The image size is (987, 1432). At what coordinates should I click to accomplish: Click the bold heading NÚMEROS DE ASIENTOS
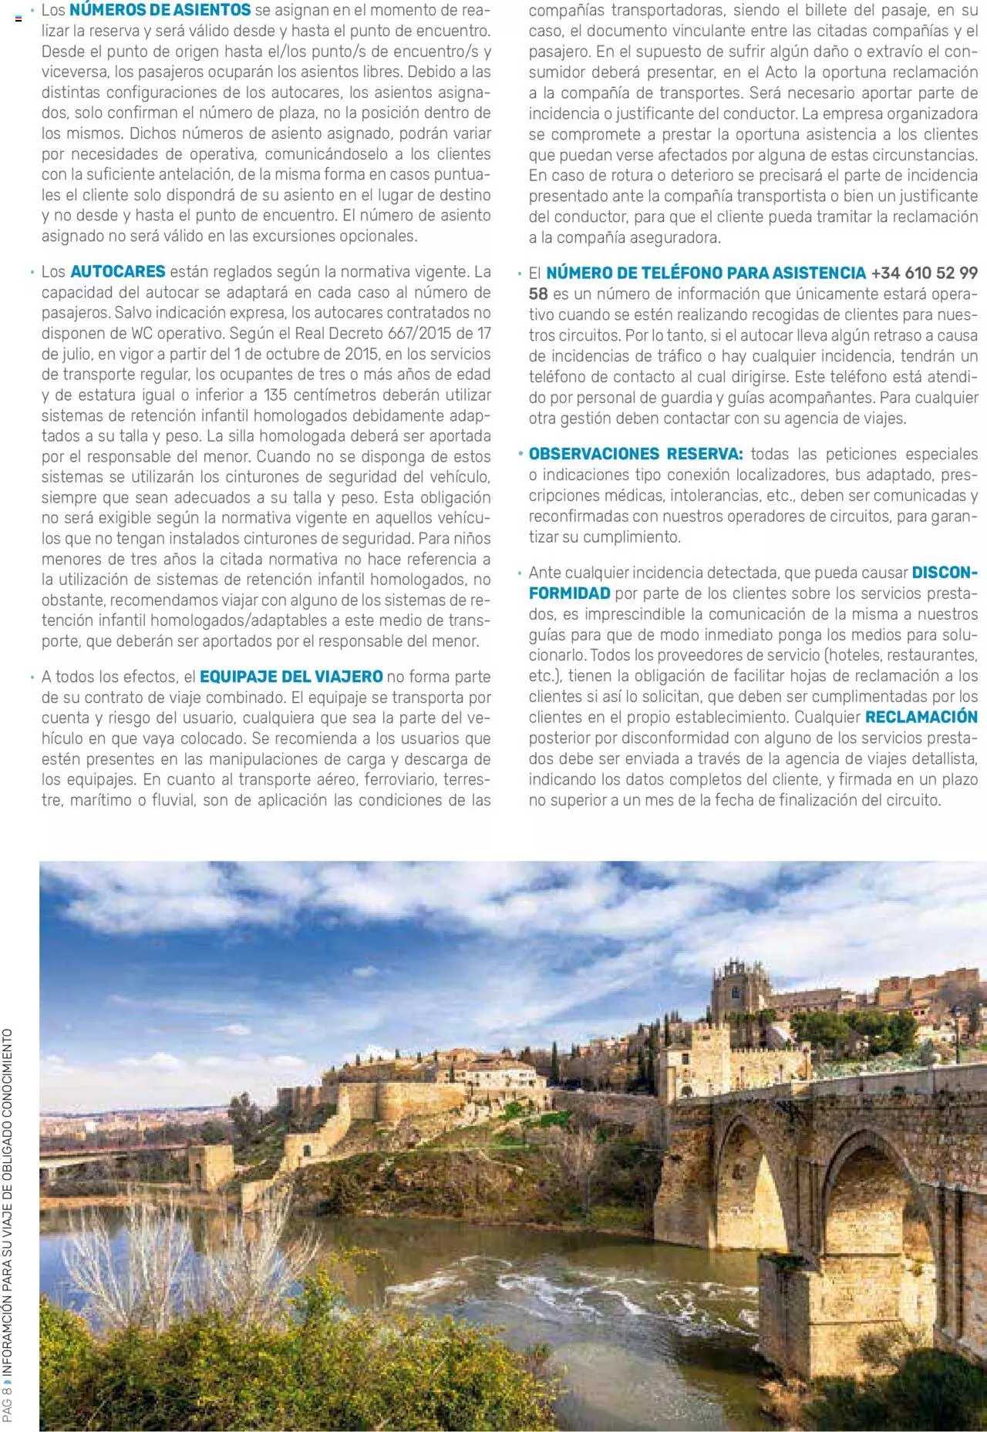click(x=160, y=10)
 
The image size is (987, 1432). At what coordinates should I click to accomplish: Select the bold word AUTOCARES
click(x=117, y=271)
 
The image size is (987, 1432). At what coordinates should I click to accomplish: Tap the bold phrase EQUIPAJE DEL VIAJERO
click(x=291, y=677)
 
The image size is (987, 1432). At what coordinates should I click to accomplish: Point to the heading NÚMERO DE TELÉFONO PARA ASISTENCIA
click(x=706, y=273)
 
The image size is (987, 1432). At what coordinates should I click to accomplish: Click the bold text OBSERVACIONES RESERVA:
click(x=636, y=453)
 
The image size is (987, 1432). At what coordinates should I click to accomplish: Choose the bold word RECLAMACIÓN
click(x=921, y=717)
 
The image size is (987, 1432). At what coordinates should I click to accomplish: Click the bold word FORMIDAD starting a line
click(x=569, y=593)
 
